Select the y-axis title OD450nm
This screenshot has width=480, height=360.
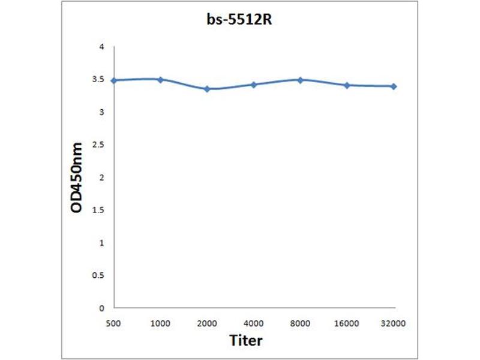77,178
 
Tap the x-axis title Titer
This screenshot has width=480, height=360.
246,340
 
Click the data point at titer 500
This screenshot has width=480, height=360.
114,80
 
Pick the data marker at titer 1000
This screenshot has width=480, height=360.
160,79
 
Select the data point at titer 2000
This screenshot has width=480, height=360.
207,89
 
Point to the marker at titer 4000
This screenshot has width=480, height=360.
254,85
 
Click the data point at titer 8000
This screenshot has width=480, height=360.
301,79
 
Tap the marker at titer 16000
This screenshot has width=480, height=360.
347,85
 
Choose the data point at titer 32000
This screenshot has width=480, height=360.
394,86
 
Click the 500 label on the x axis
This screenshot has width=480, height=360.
114,323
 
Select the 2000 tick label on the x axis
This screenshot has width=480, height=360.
207,323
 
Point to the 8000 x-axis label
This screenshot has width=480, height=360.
301,323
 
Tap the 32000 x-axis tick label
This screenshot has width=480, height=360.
394,323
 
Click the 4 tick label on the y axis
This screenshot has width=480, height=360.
102,47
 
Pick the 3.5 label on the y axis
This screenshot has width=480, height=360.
99,79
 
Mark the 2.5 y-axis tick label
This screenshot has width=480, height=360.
99,145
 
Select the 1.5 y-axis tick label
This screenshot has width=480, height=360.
99,210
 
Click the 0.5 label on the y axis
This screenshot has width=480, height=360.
99,275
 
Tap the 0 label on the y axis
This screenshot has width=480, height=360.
102,308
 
